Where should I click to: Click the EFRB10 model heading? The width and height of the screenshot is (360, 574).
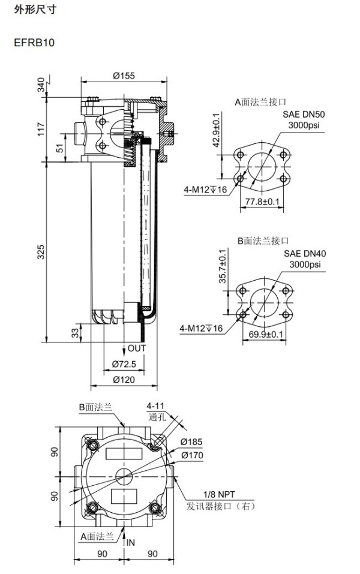[x=34, y=43]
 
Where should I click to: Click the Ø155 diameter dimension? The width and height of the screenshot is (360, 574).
[x=124, y=76]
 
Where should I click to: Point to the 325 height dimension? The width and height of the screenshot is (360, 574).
[x=41, y=252]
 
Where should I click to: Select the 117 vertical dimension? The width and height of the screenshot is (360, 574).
[x=41, y=129]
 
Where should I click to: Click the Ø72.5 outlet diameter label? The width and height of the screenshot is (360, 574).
[x=124, y=364]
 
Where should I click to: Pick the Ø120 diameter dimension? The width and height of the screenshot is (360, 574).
[x=124, y=380]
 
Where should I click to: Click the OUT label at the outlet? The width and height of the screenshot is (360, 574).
[x=137, y=348]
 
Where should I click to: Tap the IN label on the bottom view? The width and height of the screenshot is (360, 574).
[x=131, y=543]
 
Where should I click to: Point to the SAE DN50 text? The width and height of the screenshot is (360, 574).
[x=304, y=114]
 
